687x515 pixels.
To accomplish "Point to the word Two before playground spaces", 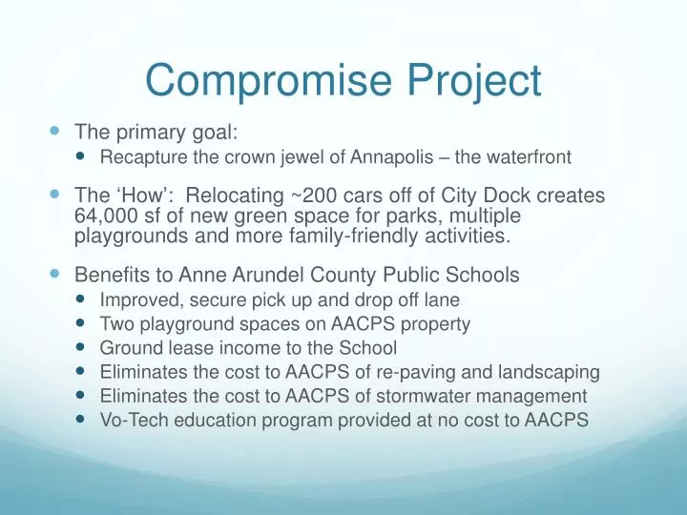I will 116,324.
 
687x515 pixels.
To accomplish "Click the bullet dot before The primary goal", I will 53,133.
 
